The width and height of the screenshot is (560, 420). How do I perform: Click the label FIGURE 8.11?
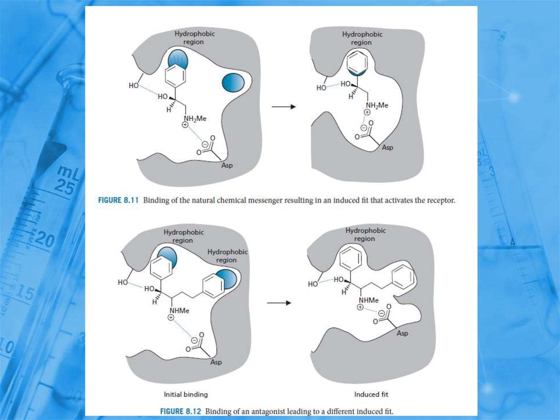120,201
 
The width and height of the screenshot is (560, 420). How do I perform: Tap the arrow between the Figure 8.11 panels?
283,106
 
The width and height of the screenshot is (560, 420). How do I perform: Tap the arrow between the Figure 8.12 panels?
278,303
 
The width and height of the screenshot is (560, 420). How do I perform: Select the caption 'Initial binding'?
185,394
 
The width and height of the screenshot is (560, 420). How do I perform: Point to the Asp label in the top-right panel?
387,147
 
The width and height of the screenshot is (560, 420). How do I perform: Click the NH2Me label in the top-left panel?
195,118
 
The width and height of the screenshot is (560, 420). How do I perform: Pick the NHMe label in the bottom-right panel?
369,300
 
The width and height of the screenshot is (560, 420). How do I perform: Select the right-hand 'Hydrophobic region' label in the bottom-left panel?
227,256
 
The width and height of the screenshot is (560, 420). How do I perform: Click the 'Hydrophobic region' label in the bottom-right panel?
365,234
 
